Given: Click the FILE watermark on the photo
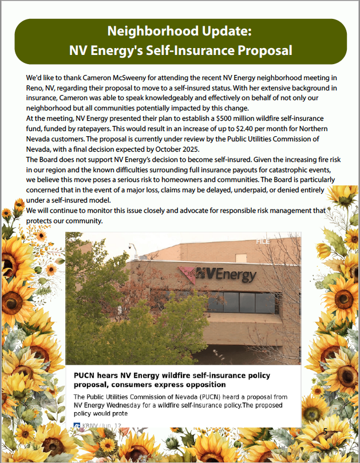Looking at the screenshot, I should tap(263, 242).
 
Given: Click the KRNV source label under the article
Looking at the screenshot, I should tap(90, 426).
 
